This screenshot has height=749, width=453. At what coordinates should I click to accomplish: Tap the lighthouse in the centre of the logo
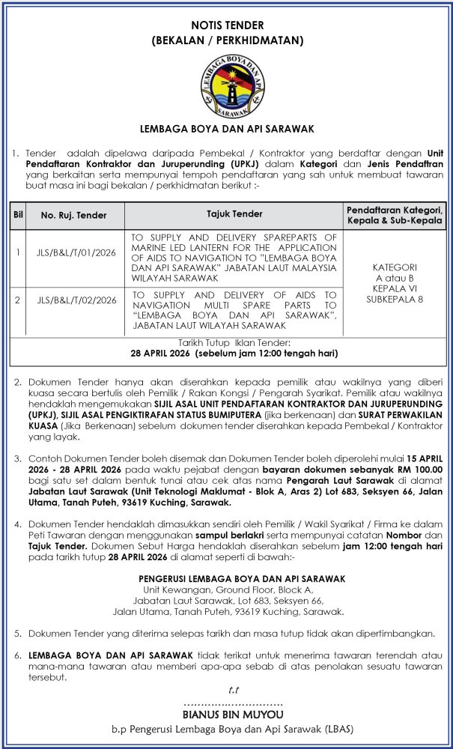(x=226, y=85)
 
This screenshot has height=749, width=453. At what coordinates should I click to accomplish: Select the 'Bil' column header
(x=17, y=214)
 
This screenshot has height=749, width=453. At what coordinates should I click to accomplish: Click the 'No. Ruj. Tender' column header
(x=73, y=214)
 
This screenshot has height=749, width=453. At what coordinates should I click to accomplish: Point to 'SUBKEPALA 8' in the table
(x=395, y=299)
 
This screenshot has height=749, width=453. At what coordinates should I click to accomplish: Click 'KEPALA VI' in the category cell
(x=395, y=288)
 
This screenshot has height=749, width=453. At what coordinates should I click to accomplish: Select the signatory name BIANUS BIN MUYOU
(x=226, y=715)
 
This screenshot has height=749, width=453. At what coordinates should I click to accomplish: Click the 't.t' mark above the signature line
(x=234, y=689)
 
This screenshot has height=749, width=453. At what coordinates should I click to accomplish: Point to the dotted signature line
(x=233, y=704)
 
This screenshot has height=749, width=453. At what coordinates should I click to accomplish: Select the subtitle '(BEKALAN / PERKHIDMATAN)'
(x=227, y=40)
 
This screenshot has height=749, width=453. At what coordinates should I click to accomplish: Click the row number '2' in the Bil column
(x=17, y=300)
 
